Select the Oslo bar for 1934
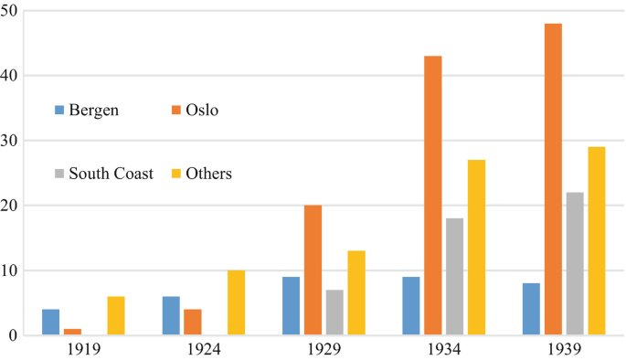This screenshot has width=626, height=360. click(x=432, y=196)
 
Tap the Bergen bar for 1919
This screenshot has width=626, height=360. click(x=50, y=323)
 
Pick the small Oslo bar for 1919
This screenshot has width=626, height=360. click(x=72, y=332)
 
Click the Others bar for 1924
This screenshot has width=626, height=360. click(x=236, y=302)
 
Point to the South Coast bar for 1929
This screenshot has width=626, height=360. click(x=334, y=312)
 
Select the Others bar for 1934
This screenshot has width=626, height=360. click(x=476, y=248)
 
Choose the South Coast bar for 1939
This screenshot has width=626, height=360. click(x=575, y=264)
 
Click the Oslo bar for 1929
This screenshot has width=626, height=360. click(x=313, y=270)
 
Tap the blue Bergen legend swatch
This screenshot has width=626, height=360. click(x=59, y=111)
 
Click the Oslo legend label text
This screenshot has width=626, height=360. click(x=202, y=111)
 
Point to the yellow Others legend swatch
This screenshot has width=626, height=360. click(x=176, y=173)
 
